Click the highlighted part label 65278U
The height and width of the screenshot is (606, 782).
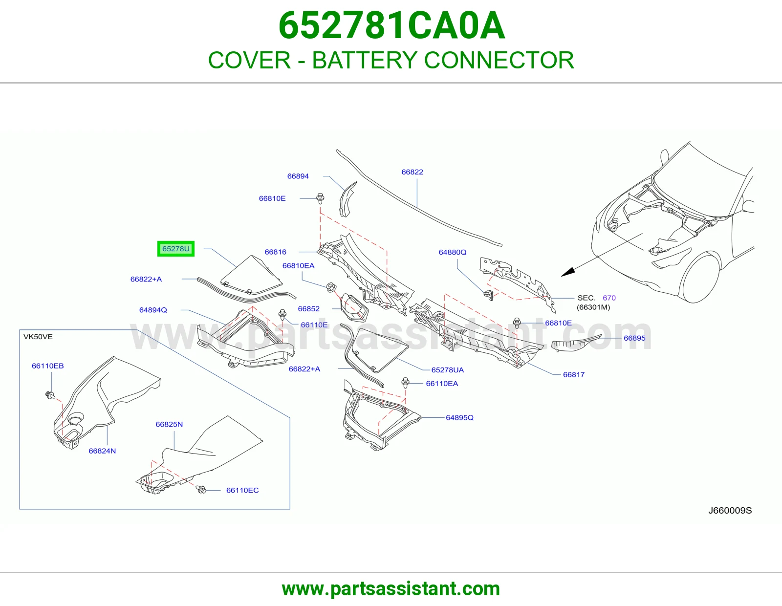click(175, 249)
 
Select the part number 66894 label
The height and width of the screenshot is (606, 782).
click(298, 176)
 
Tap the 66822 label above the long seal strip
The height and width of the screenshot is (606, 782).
click(412, 172)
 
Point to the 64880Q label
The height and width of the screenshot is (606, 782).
click(453, 252)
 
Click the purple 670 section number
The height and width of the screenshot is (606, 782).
click(609, 298)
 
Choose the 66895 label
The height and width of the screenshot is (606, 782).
click(634, 338)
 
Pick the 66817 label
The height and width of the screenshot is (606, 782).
click(574, 375)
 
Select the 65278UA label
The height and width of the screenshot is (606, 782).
click(447, 370)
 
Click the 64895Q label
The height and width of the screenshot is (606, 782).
click(459, 417)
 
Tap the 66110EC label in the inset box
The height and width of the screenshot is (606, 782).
click(242, 490)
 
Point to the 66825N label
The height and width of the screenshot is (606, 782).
click(169, 424)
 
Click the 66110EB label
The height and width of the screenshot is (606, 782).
click(48, 366)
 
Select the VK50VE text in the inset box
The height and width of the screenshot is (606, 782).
click(38, 337)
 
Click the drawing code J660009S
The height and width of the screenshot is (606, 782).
click(730, 511)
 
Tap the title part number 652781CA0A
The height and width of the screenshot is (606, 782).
click(391, 25)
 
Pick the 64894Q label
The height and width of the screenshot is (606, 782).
click(153, 310)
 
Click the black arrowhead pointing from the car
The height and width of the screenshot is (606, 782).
click(568, 272)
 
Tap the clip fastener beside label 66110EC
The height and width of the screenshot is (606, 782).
click(201, 489)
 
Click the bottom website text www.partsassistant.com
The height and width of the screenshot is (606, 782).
click(391, 589)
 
